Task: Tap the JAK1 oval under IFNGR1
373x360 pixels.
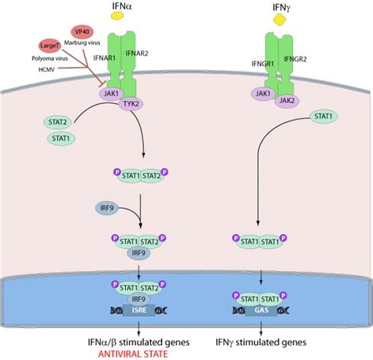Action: click(262, 95)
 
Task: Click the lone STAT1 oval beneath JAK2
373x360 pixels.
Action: click(323, 117)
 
